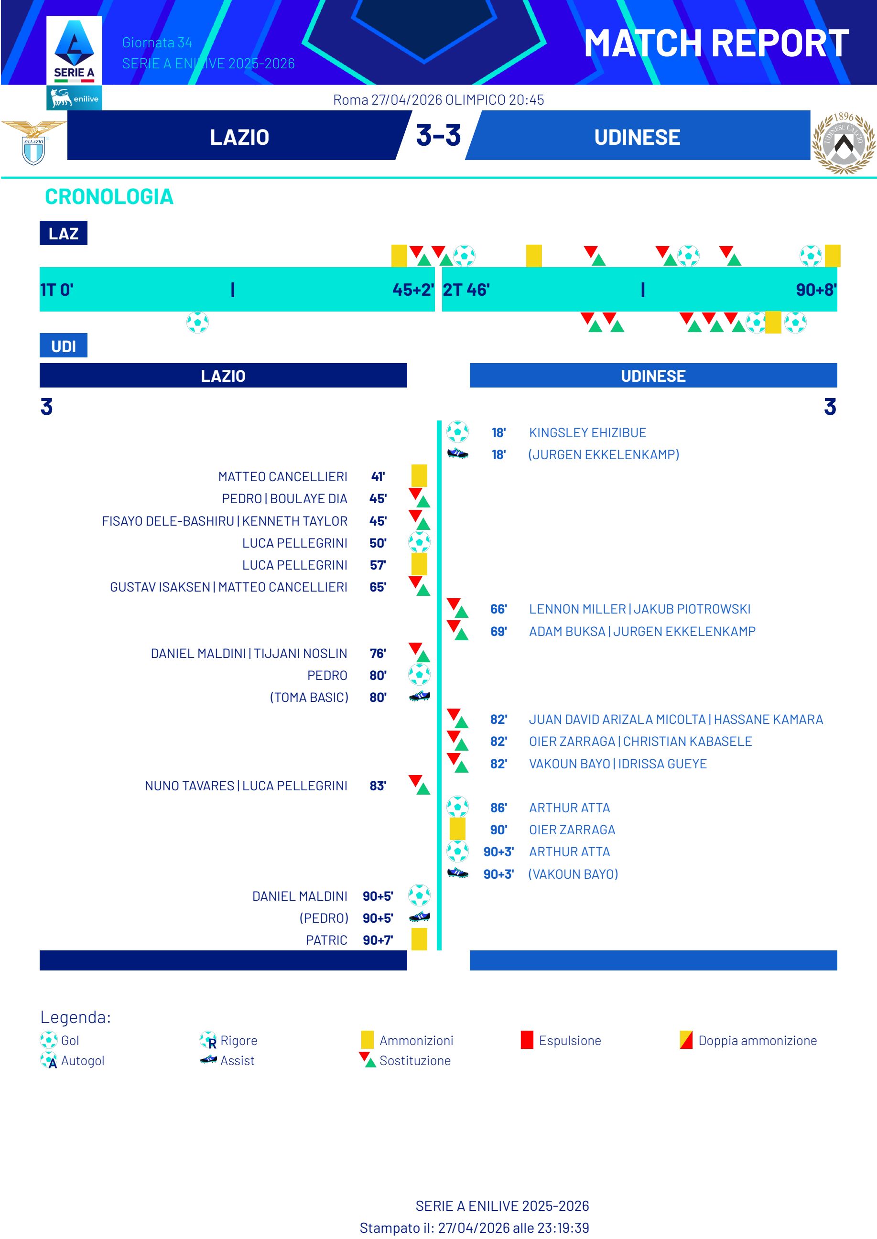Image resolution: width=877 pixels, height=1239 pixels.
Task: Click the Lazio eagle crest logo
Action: [x=33, y=142]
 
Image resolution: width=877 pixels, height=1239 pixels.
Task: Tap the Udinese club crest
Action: [x=843, y=142]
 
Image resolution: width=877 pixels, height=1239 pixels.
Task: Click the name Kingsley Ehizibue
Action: [x=587, y=432]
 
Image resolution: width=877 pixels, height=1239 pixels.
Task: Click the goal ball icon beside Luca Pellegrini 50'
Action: [x=419, y=542]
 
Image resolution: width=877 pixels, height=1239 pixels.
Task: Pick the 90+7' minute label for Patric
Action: [x=378, y=940]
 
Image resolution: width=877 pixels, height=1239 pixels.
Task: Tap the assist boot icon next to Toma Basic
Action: [x=419, y=697]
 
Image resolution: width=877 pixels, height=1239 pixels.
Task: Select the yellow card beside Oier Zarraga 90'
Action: [x=457, y=829]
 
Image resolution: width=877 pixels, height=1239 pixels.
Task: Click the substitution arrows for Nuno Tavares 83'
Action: [x=419, y=785]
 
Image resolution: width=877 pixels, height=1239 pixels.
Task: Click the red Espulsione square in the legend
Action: [x=527, y=1040]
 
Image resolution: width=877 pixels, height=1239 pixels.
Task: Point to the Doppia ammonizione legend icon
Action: [x=686, y=1040]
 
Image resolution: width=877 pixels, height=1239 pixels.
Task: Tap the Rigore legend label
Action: [x=238, y=1040]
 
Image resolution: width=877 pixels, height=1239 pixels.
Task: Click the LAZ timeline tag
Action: [x=63, y=233]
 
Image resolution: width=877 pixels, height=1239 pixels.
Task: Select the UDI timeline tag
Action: [x=63, y=346]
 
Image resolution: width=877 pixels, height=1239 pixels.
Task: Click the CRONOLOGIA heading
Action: [x=109, y=196]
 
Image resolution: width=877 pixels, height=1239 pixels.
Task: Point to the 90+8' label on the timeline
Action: [x=815, y=290]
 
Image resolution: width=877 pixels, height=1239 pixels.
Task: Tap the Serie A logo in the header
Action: [x=74, y=51]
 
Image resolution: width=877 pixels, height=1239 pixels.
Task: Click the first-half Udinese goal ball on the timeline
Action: [x=198, y=323]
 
